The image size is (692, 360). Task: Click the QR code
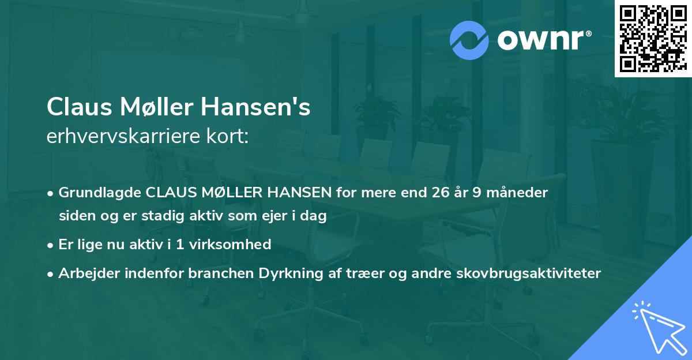(653, 39)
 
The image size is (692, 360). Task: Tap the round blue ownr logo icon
(469, 40)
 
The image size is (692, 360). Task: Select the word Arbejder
(87, 273)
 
